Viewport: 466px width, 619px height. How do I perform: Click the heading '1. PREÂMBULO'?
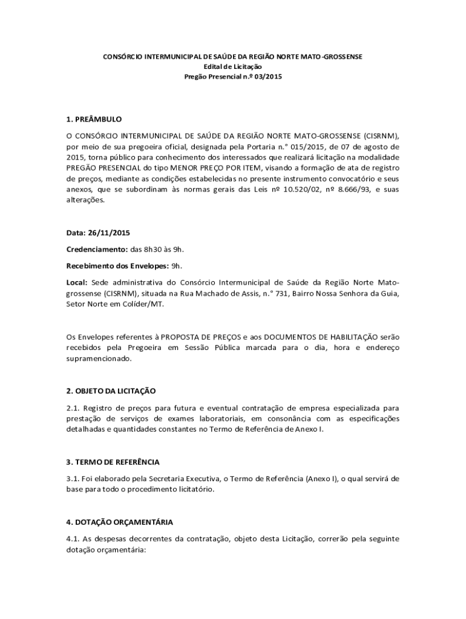(94, 119)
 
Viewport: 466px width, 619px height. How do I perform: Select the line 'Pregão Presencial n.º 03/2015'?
(233, 77)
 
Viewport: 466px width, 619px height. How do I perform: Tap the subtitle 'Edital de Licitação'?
(233, 66)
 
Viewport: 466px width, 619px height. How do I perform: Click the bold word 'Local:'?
(77, 282)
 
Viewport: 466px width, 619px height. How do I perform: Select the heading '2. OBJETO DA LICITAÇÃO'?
(111, 391)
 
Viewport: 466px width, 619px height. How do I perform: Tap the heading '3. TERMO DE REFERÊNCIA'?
(113, 462)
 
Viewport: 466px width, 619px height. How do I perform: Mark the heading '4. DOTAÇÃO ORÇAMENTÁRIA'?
(119, 522)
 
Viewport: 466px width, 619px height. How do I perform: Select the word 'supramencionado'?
(98, 358)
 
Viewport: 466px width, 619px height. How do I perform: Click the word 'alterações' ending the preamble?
(85, 201)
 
